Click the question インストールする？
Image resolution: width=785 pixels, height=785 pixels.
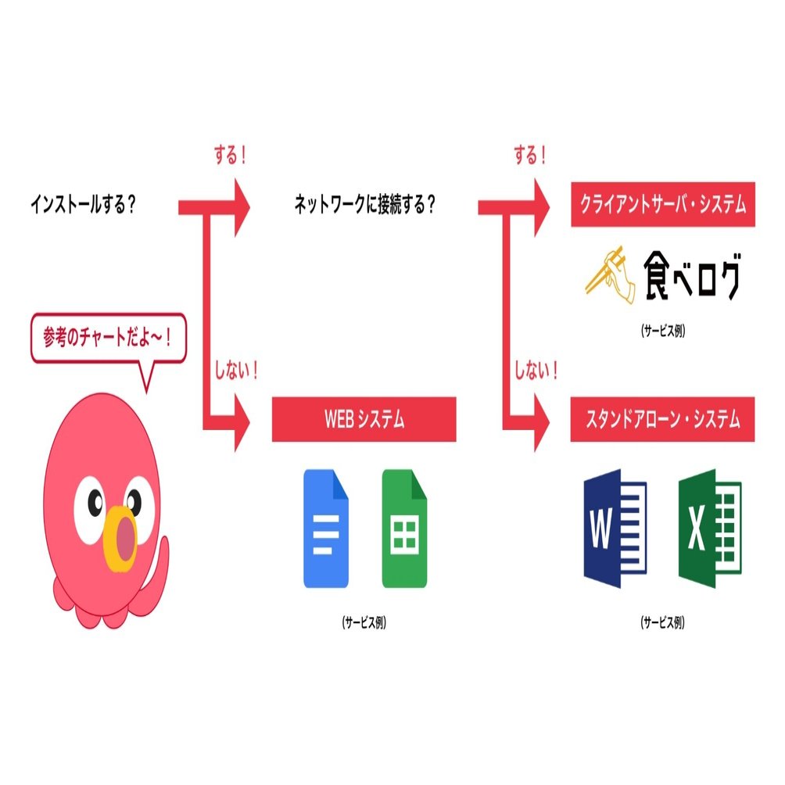pos(84,206)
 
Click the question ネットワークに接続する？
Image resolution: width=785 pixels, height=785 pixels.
pos(365,206)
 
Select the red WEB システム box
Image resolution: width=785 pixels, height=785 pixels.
pos(364,419)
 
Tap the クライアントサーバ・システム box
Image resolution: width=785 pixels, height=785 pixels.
pos(662,206)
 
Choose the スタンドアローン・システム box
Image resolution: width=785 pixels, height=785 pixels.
pos(662,421)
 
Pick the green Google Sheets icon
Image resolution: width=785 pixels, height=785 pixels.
pos(404,528)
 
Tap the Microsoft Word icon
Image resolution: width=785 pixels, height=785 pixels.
pos(615,528)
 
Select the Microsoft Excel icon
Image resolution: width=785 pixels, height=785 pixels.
pos(709,528)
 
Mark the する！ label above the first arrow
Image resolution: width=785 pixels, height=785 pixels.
pos(229,156)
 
